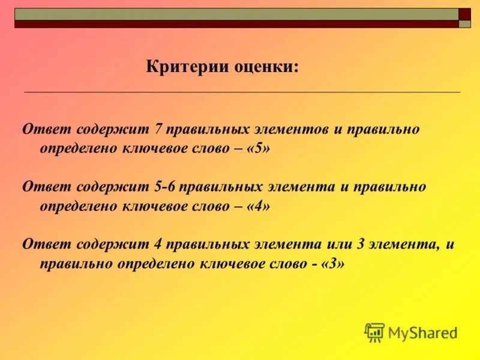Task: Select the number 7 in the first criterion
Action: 158,130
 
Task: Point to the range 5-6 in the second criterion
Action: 164,187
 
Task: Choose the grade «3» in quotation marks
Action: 333,263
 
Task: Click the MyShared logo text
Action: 422,332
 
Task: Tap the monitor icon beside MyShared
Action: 374,332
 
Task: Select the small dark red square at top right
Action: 465,14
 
